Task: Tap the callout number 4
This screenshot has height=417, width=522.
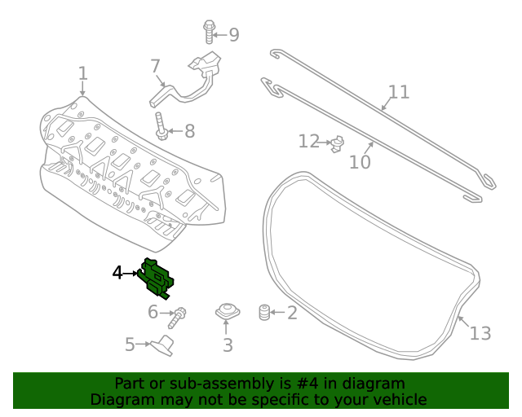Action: click(x=117, y=273)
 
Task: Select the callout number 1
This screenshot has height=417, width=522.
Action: click(x=82, y=75)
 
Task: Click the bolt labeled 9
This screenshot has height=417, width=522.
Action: click(x=209, y=31)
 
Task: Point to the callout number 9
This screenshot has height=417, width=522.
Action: click(x=233, y=35)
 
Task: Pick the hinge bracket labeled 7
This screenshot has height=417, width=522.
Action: click(x=196, y=77)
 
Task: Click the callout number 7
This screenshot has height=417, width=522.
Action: click(x=155, y=66)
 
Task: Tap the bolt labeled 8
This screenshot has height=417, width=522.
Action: click(x=161, y=128)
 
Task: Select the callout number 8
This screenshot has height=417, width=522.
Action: click(x=189, y=131)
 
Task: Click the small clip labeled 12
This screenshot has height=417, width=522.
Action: click(x=335, y=145)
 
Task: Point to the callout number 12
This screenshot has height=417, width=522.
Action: click(x=308, y=142)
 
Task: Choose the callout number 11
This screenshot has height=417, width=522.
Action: click(x=398, y=91)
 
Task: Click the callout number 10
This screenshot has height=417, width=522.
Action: click(x=360, y=162)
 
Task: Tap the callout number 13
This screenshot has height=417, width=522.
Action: click(x=480, y=333)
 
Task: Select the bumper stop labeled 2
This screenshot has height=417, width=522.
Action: click(x=263, y=312)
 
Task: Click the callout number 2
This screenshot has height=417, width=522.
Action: click(x=291, y=312)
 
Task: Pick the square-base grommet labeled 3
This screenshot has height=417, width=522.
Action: click(x=227, y=311)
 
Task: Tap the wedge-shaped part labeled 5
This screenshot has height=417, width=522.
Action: click(x=164, y=345)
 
